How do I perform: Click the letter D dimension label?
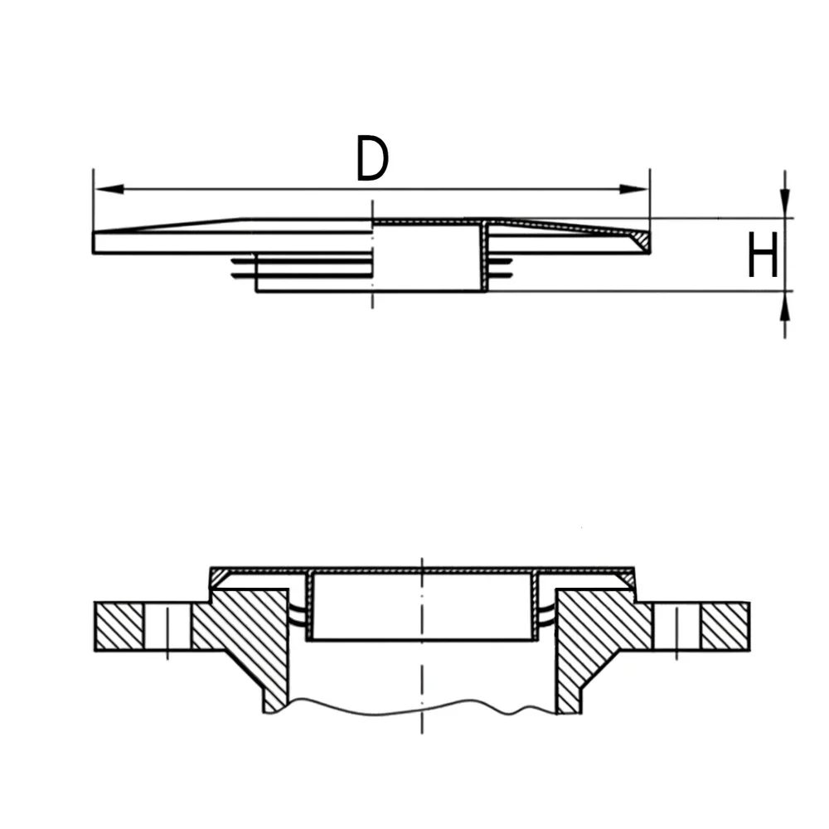372,158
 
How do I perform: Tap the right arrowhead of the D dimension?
633,189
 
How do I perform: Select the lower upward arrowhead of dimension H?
785,306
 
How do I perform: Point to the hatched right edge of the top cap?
641,241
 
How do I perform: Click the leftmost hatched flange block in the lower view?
119,626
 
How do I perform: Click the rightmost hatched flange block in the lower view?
725,626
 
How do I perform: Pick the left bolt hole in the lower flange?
167,626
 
